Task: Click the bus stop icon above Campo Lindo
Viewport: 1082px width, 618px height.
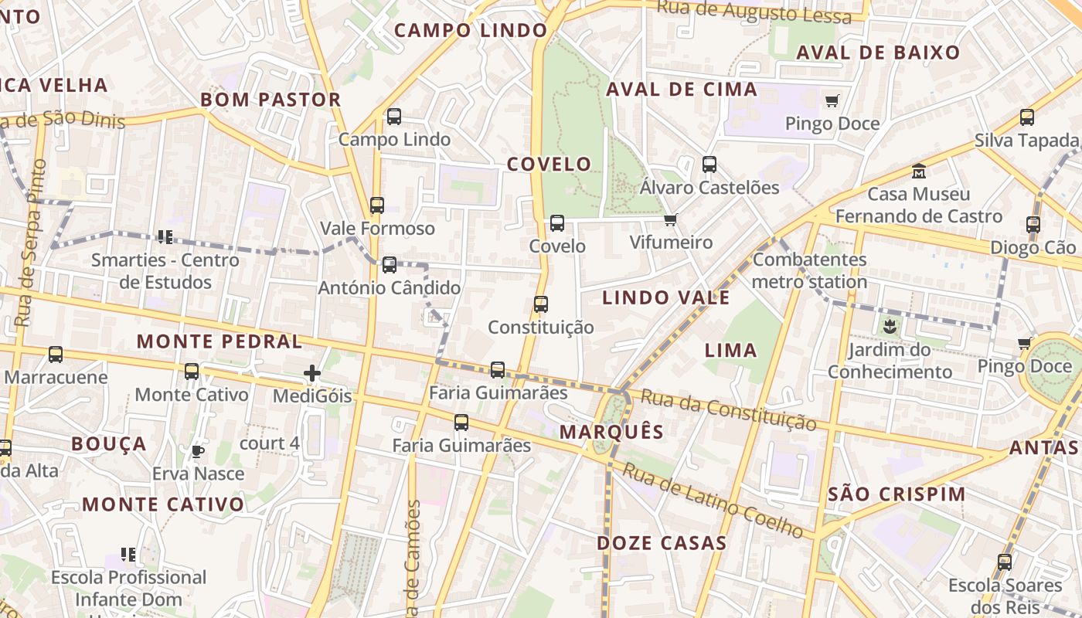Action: pyautogui.click(x=393, y=117)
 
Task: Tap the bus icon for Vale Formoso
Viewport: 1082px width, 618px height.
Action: pyautogui.click(x=376, y=205)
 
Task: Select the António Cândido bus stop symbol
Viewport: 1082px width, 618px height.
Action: pyautogui.click(x=390, y=265)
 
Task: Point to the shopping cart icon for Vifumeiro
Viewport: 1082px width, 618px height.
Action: pyautogui.click(x=670, y=219)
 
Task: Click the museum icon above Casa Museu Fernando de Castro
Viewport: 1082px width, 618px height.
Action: pyautogui.click(x=919, y=171)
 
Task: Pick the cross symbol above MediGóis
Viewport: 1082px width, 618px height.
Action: pyautogui.click(x=312, y=374)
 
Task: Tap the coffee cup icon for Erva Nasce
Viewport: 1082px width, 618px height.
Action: pyautogui.click(x=198, y=450)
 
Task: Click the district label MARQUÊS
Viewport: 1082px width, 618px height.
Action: pyautogui.click(x=611, y=432)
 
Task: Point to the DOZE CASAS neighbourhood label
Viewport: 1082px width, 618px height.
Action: pyautogui.click(x=662, y=543)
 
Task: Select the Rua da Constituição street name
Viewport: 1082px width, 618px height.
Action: pyautogui.click(x=729, y=410)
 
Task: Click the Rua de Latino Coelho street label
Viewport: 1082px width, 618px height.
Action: pyautogui.click(x=714, y=500)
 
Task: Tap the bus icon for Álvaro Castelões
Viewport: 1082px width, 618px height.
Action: pyautogui.click(x=709, y=164)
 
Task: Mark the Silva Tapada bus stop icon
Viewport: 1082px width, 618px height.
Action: pyautogui.click(x=1026, y=117)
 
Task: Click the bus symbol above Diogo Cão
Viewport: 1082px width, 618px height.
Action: pyautogui.click(x=1033, y=225)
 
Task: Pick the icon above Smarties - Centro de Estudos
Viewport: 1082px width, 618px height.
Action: pyautogui.click(x=164, y=236)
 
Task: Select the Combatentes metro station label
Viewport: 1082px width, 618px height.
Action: pyautogui.click(x=809, y=270)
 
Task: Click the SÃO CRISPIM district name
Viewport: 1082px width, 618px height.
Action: pyautogui.click(x=897, y=494)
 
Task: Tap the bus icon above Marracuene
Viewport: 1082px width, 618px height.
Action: pyautogui.click(x=56, y=355)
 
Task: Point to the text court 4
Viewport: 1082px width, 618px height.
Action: pyautogui.click(x=269, y=443)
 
